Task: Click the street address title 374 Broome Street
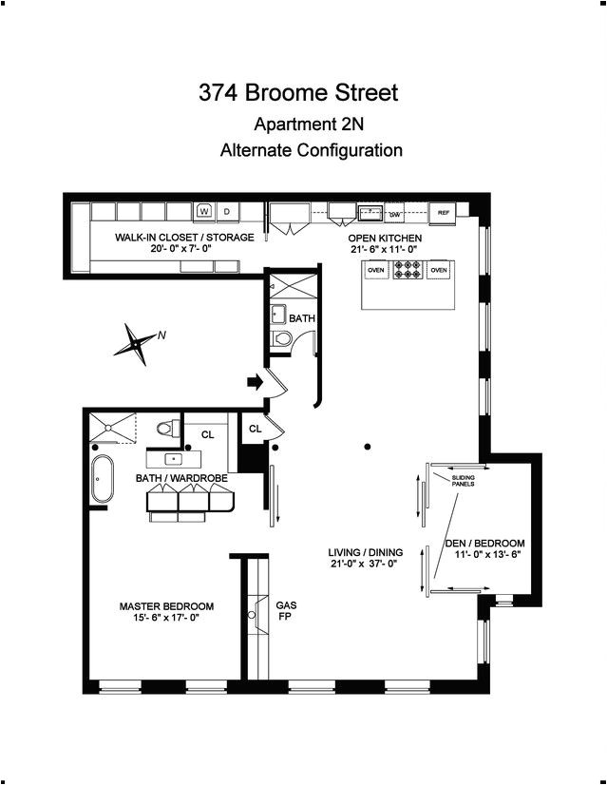pyautogui.click(x=298, y=93)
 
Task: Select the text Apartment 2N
pyautogui.click(x=309, y=124)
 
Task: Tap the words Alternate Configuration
pyautogui.click(x=311, y=150)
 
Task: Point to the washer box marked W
pyautogui.click(x=203, y=211)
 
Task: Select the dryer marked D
pyautogui.click(x=226, y=211)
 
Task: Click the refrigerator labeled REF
pyautogui.click(x=443, y=214)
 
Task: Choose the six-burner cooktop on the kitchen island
pyautogui.click(x=408, y=270)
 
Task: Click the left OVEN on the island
pyautogui.click(x=376, y=270)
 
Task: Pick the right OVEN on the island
pyautogui.click(x=439, y=270)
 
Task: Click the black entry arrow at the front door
pyautogui.click(x=255, y=383)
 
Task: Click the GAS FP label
pyautogui.click(x=286, y=610)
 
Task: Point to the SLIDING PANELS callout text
pyautogui.click(x=463, y=480)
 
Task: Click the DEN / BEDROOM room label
pyautogui.click(x=484, y=544)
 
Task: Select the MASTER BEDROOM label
pyautogui.click(x=166, y=606)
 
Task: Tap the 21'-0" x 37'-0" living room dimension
pyautogui.click(x=366, y=565)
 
